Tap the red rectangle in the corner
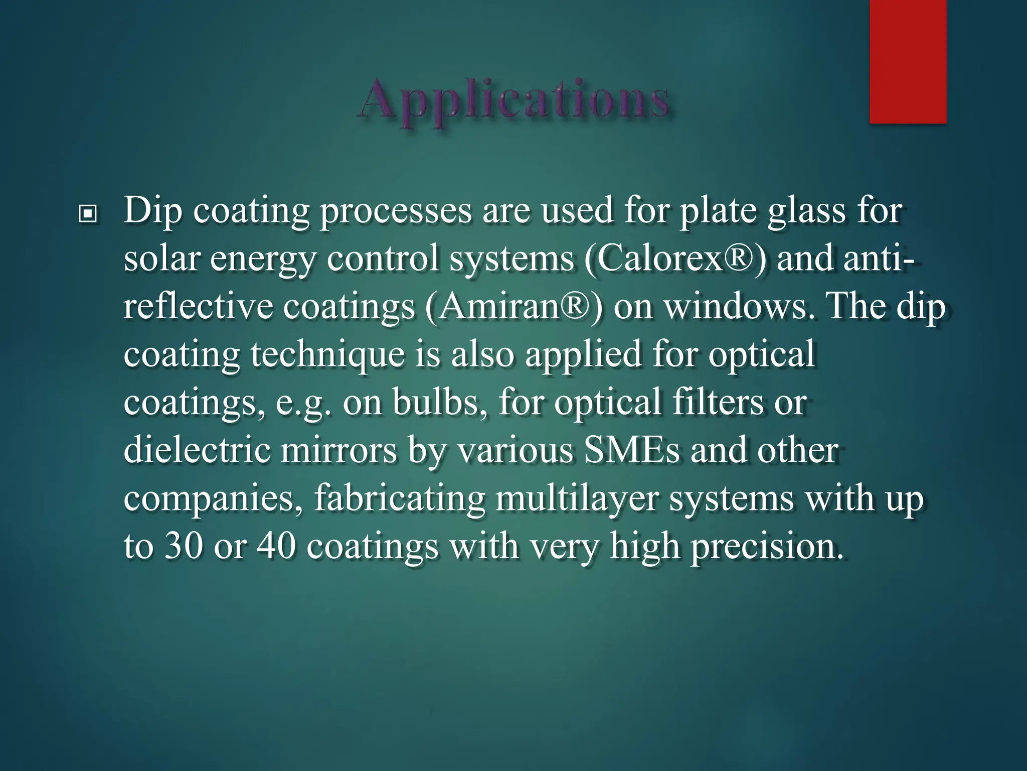coord(908,61)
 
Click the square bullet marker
coord(88,215)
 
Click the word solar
coord(161,260)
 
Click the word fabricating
coord(399,498)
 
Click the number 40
coord(276,547)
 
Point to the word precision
coord(766,547)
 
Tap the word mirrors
coord(338,450)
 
